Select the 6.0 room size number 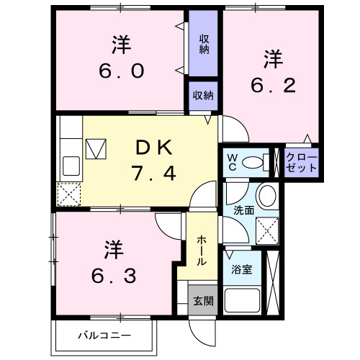[x=122, y=71]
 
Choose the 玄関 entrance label [x=202, y=300]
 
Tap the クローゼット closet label [x=297, y=161]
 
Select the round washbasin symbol [x=267, y=195]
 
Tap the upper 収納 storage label [x=204, y=43]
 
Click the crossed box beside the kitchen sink [x=96, y=148]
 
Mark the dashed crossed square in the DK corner [x=70, y=194]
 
